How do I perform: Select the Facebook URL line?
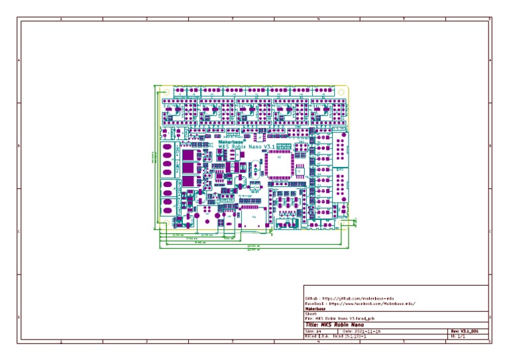(361, 303)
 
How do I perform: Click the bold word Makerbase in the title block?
(315, 308)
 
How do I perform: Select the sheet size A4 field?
(313, 331)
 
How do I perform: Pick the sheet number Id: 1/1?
(458, 336)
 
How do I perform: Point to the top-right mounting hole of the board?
(341, 91)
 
